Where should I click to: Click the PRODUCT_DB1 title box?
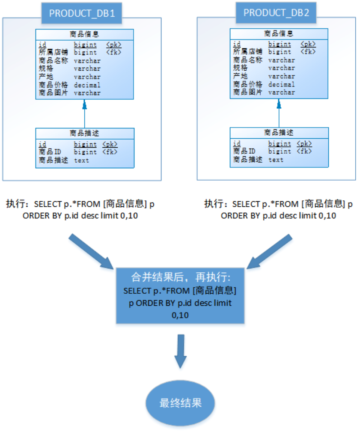81,13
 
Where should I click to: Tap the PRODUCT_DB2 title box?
276,12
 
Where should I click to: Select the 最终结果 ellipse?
180,403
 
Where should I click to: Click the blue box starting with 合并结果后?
180,296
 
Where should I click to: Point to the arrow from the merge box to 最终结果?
180,351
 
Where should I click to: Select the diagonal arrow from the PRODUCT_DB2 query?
269,253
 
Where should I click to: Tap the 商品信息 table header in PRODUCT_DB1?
85,34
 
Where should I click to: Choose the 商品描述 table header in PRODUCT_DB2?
279,133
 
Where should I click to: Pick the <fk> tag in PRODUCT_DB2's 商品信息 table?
308,51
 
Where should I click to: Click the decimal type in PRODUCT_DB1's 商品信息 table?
87,85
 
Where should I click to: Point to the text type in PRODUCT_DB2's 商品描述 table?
276,160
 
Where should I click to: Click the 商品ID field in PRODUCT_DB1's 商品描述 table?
49,152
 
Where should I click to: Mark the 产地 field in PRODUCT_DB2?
240,76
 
